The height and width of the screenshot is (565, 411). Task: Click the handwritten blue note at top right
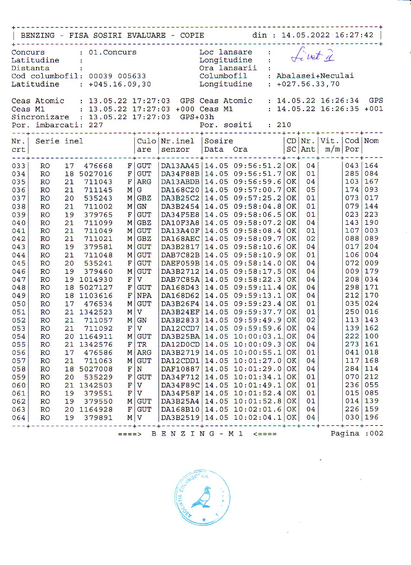[312, 55]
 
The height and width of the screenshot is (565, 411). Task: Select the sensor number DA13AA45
[180, 166]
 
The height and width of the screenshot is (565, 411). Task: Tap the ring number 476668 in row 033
[98, 166]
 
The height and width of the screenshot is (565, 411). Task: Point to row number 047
[19, 280]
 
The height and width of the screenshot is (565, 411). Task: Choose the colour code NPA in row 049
[144, 296]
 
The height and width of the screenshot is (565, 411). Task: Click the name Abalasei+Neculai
[315, 76]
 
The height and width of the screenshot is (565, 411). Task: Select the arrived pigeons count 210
[284, 125]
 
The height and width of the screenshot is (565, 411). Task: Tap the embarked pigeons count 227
[96, 125]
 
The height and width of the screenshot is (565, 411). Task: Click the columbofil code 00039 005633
[117, 76]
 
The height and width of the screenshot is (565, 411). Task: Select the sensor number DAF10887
[180, 369]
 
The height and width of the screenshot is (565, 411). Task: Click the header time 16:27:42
[354, 35]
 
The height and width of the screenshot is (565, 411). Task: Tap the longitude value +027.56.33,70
[308, 84]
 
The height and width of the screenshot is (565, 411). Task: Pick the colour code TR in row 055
[142, 344]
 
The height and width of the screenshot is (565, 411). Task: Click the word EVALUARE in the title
[146, 35]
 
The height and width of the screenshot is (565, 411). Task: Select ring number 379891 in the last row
[98, 418]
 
